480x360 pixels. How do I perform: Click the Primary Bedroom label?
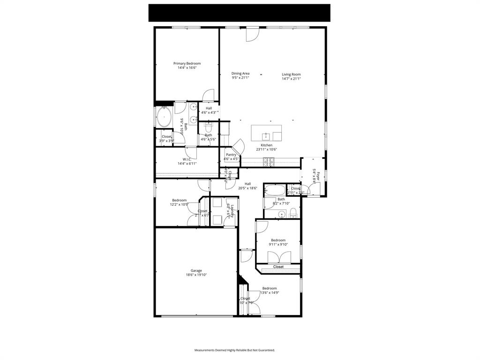(x=187, y=63)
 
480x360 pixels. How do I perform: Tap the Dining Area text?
(x=240, y=73)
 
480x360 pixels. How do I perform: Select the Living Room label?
(x=291, y=74)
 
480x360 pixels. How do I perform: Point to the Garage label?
(x=196, y=270)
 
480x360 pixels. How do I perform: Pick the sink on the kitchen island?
(x=266, y=136)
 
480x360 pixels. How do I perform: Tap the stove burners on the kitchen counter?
(x=269, y=162)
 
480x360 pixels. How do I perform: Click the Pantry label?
(x=231, y=155)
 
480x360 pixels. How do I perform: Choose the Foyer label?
(x=318, y=176)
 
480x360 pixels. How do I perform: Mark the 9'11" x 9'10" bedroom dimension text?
(x=278, y=244)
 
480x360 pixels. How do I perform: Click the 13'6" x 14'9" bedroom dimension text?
(x=270, y=292)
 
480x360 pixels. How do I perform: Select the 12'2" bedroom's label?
(x=179, y=200)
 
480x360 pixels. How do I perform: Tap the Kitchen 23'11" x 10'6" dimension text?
(x=266, y=150)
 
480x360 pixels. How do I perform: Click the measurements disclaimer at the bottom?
(x=234, y=350)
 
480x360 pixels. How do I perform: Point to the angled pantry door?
(x=239, y=146)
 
